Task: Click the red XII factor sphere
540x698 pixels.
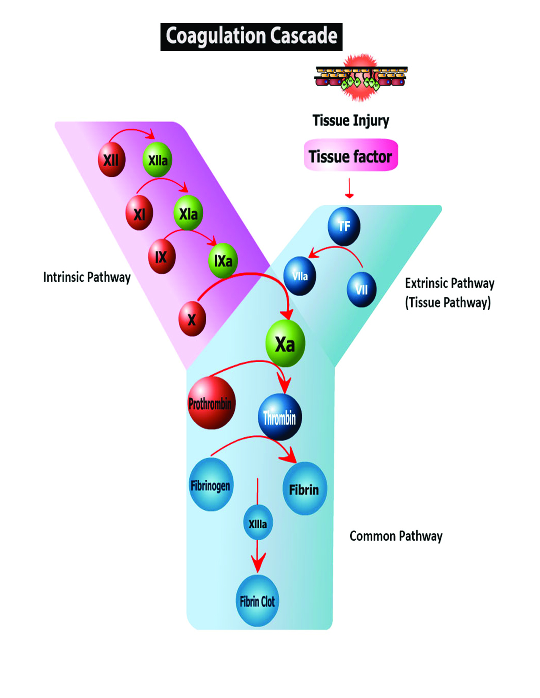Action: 111,160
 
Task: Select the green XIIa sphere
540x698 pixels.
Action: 157,160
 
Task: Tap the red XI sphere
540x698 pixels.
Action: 139,214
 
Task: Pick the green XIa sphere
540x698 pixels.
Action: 188,213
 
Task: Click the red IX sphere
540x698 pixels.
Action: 161,257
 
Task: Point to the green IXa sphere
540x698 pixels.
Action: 223,261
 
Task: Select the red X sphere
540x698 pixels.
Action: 192,319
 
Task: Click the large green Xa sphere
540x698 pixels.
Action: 285,344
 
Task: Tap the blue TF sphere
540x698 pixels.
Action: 344,226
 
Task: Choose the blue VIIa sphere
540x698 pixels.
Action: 299,276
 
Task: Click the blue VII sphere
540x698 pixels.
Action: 361,290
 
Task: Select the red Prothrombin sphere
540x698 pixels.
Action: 211,403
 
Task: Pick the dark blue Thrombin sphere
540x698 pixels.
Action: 280,417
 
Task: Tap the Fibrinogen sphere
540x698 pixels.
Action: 210,485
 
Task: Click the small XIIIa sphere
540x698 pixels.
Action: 258,524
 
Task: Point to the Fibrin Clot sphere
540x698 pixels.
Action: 257,601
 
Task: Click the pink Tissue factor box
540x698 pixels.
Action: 351,156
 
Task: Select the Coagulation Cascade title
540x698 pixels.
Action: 251,37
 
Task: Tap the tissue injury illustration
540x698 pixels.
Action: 360,78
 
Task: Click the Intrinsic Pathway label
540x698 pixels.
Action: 87,278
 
